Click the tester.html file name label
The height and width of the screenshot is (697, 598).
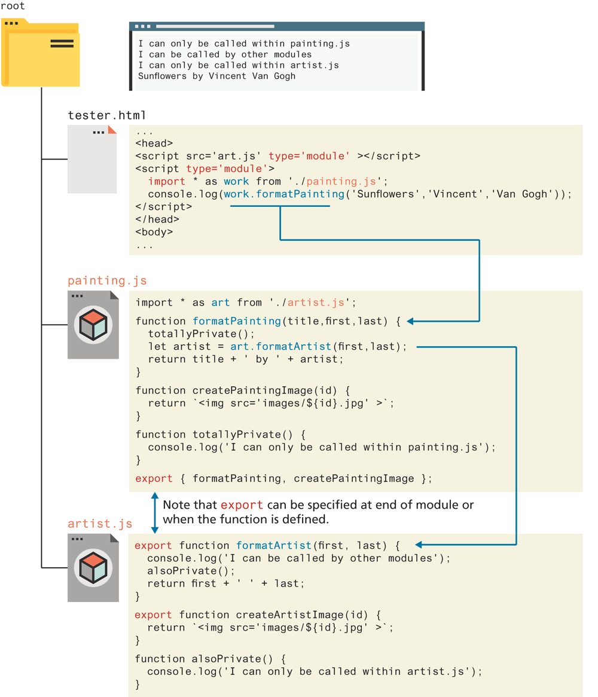click(106, 115)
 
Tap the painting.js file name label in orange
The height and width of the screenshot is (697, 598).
click(106, 280)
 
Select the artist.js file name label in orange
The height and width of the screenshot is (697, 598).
click(100, 524)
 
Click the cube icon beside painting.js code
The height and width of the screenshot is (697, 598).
click(93, 325)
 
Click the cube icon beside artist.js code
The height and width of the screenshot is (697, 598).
click(93, 568)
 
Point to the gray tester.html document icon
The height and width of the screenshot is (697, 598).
click(91, 159)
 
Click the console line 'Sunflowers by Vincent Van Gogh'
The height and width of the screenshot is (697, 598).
click(216, 76)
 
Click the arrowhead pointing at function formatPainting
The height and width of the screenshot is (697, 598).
click(411, 321)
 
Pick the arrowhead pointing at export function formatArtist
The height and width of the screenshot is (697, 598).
click(419, 545)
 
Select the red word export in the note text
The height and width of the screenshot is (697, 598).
click(242, 505)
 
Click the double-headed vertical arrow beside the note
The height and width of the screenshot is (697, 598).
click(154, 512)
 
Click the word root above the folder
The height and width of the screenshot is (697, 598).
click(13, 6)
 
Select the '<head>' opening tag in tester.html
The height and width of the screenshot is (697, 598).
click(154, 143)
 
